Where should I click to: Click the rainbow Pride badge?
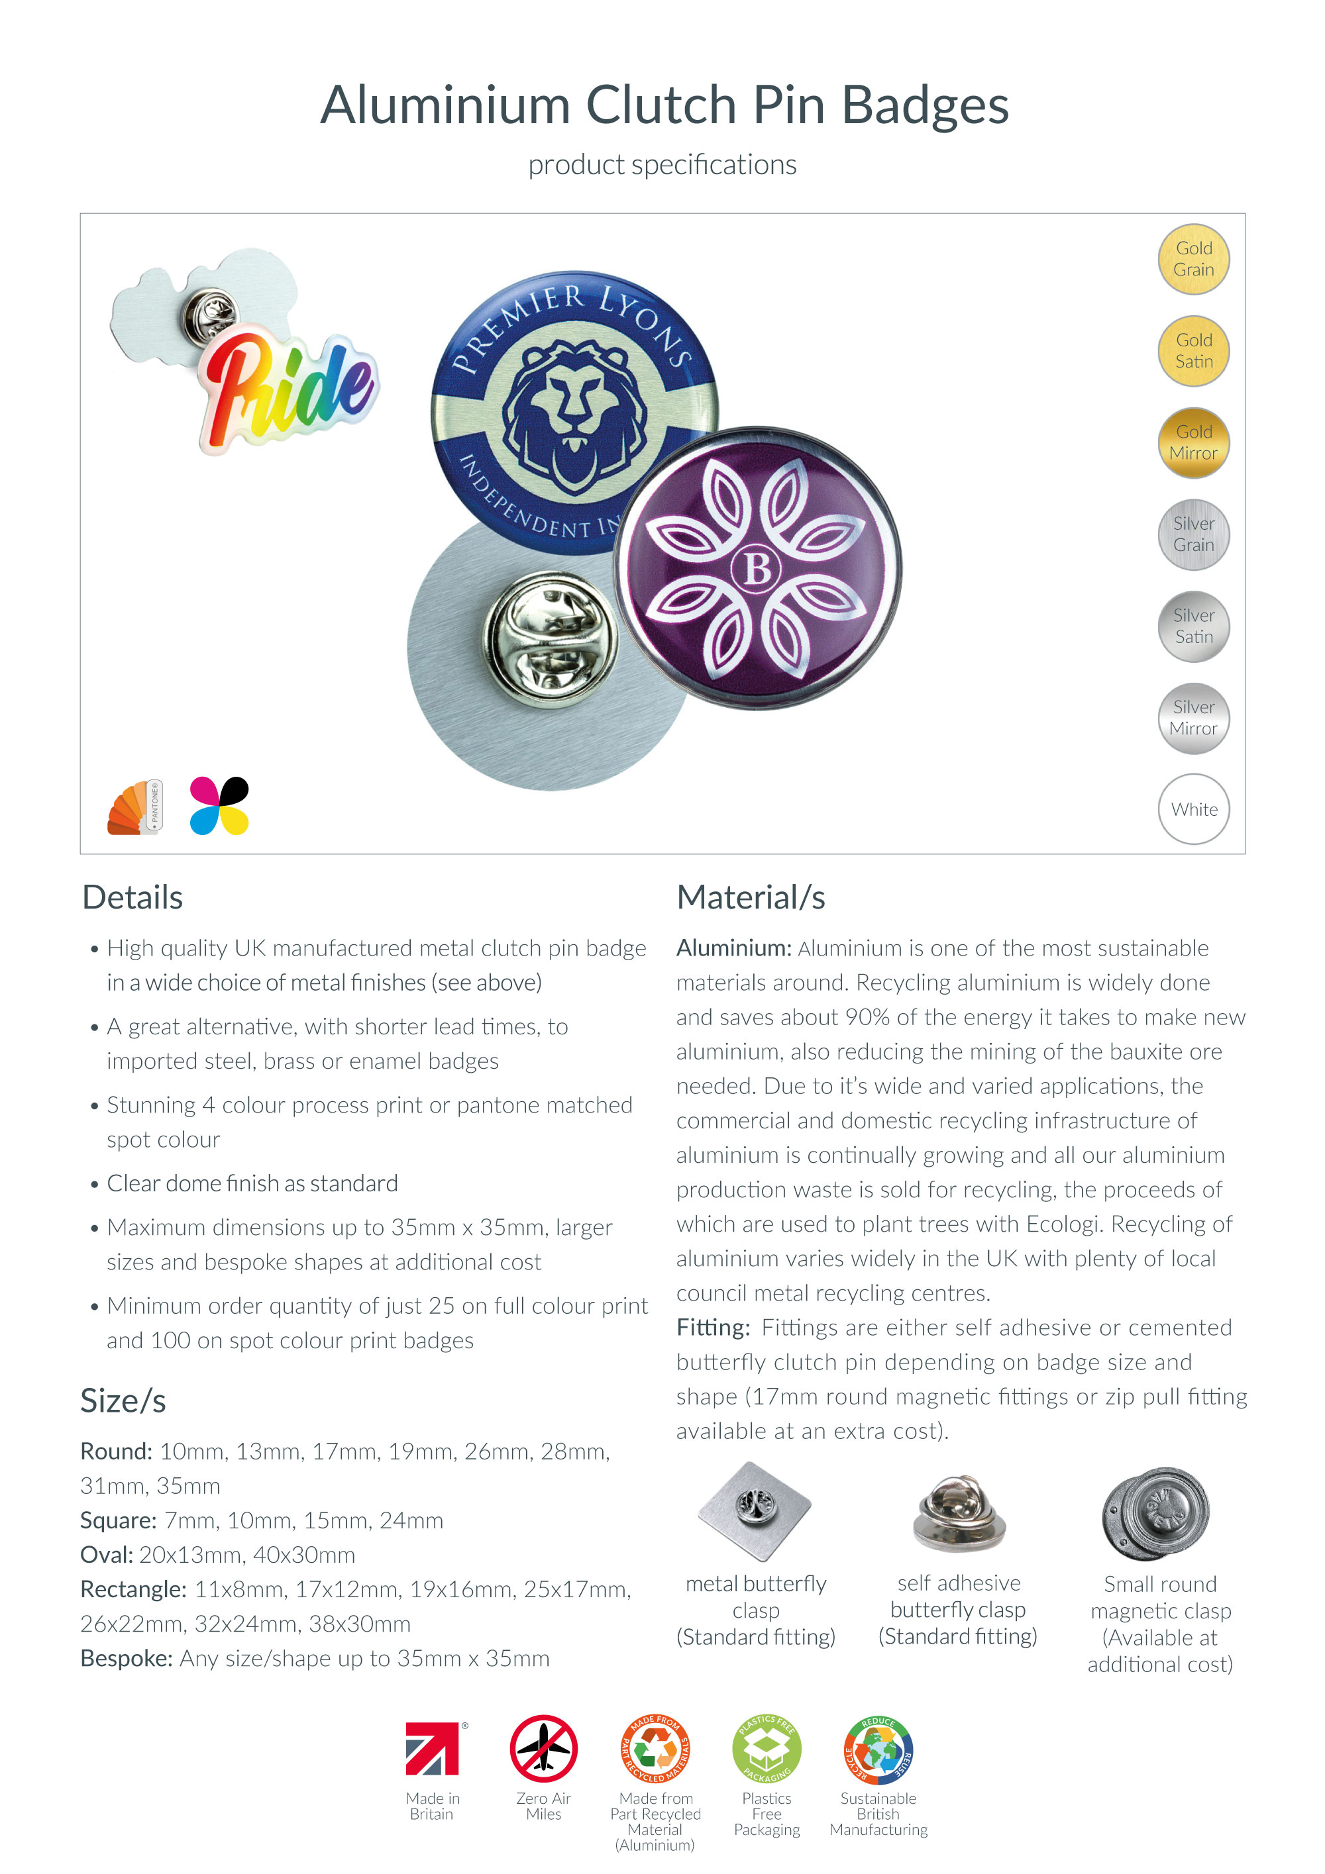pos(288,392)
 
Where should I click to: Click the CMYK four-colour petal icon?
pos(219,807)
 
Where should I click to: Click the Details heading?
pos(132,898)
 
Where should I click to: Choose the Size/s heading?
pos(123,1401)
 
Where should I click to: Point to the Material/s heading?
pos(750,898)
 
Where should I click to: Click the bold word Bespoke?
pos(127,1659)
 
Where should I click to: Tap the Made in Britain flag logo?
pos(433,1749)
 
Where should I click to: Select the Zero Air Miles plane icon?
pos(544,1749)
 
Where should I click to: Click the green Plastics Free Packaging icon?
pos(767,1749)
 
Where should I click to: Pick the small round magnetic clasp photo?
pos(1155,1513)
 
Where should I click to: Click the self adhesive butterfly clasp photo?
pos(959,1513)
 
